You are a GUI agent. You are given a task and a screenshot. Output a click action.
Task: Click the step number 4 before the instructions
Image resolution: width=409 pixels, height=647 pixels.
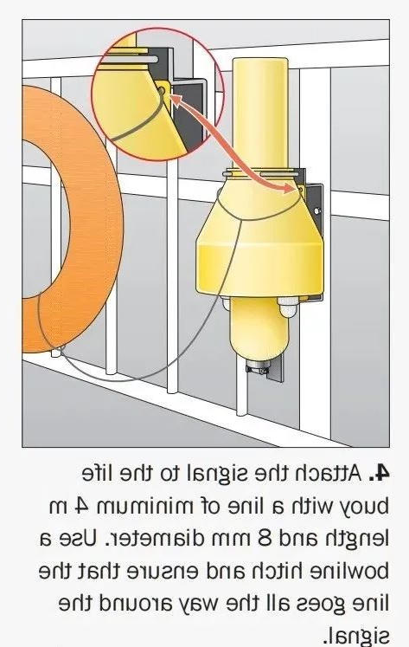[379, 473]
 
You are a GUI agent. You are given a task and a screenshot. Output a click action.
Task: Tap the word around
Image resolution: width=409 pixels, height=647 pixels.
[137, 604]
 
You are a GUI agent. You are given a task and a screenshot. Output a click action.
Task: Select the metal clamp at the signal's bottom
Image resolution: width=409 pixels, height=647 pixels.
[259, 367]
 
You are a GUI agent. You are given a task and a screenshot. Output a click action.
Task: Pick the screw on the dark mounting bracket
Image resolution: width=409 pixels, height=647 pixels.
[316, 210]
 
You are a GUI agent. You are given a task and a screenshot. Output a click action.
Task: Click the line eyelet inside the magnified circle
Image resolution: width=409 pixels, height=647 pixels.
[161, 91]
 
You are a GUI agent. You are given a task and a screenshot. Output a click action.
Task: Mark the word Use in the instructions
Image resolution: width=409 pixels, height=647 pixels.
[80, 539]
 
